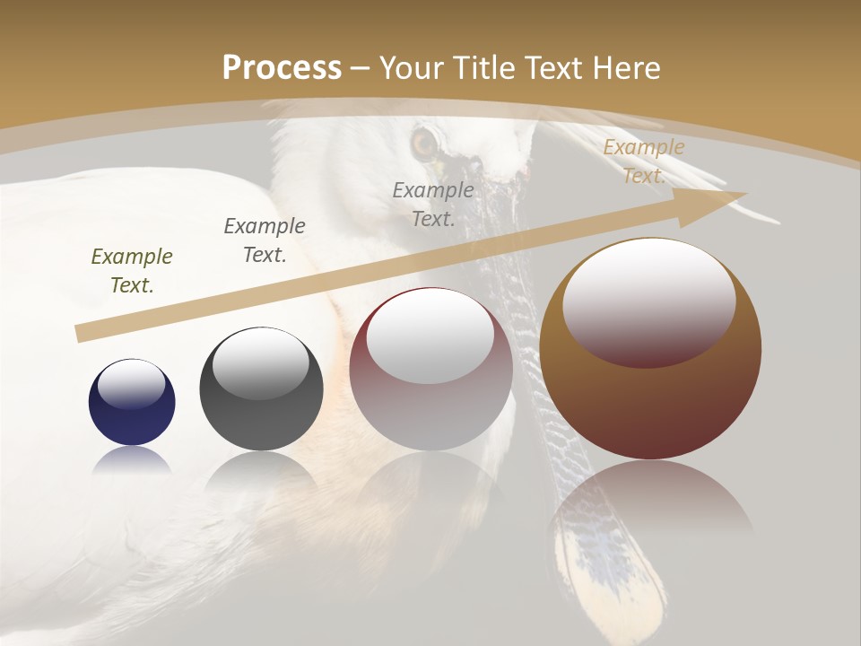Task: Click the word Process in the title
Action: tap(282, 67)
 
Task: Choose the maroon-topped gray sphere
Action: tap(430, 395)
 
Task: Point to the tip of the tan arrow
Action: tap(744, 194)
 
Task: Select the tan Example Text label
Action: tap(643, 161)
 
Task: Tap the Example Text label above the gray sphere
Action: tap(265, 240)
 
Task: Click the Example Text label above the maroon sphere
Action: tap(433, 204)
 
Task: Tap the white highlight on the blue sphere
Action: tap(132, 384)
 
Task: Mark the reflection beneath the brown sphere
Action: tap(650, 502)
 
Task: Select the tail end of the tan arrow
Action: tap(81, 333)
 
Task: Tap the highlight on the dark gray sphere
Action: tap(261, 362)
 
